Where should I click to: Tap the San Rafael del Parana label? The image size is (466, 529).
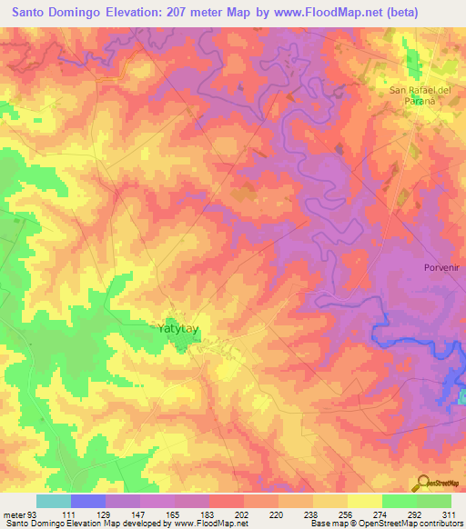tap(414, 95)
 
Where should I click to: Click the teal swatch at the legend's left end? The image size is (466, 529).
tap(54, 501)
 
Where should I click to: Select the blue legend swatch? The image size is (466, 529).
tap(88, 501)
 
